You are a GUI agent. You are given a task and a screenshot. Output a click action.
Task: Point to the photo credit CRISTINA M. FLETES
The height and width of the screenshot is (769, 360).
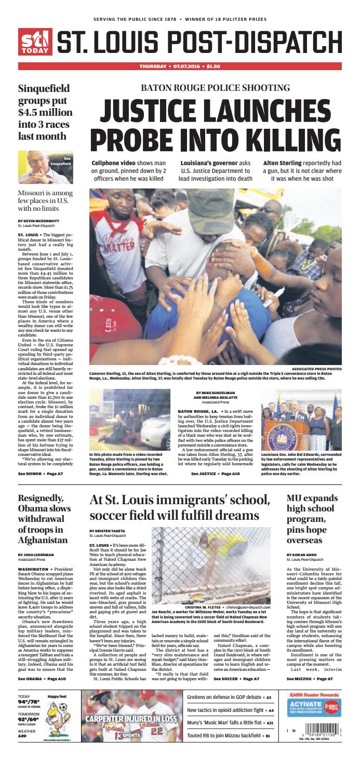203,606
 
